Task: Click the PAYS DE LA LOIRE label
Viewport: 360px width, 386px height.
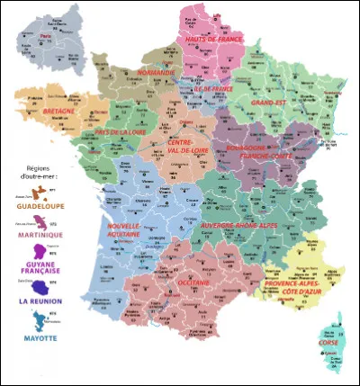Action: click(x=113, y=132)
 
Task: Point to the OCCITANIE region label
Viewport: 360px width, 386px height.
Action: click(x=193, y=283)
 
